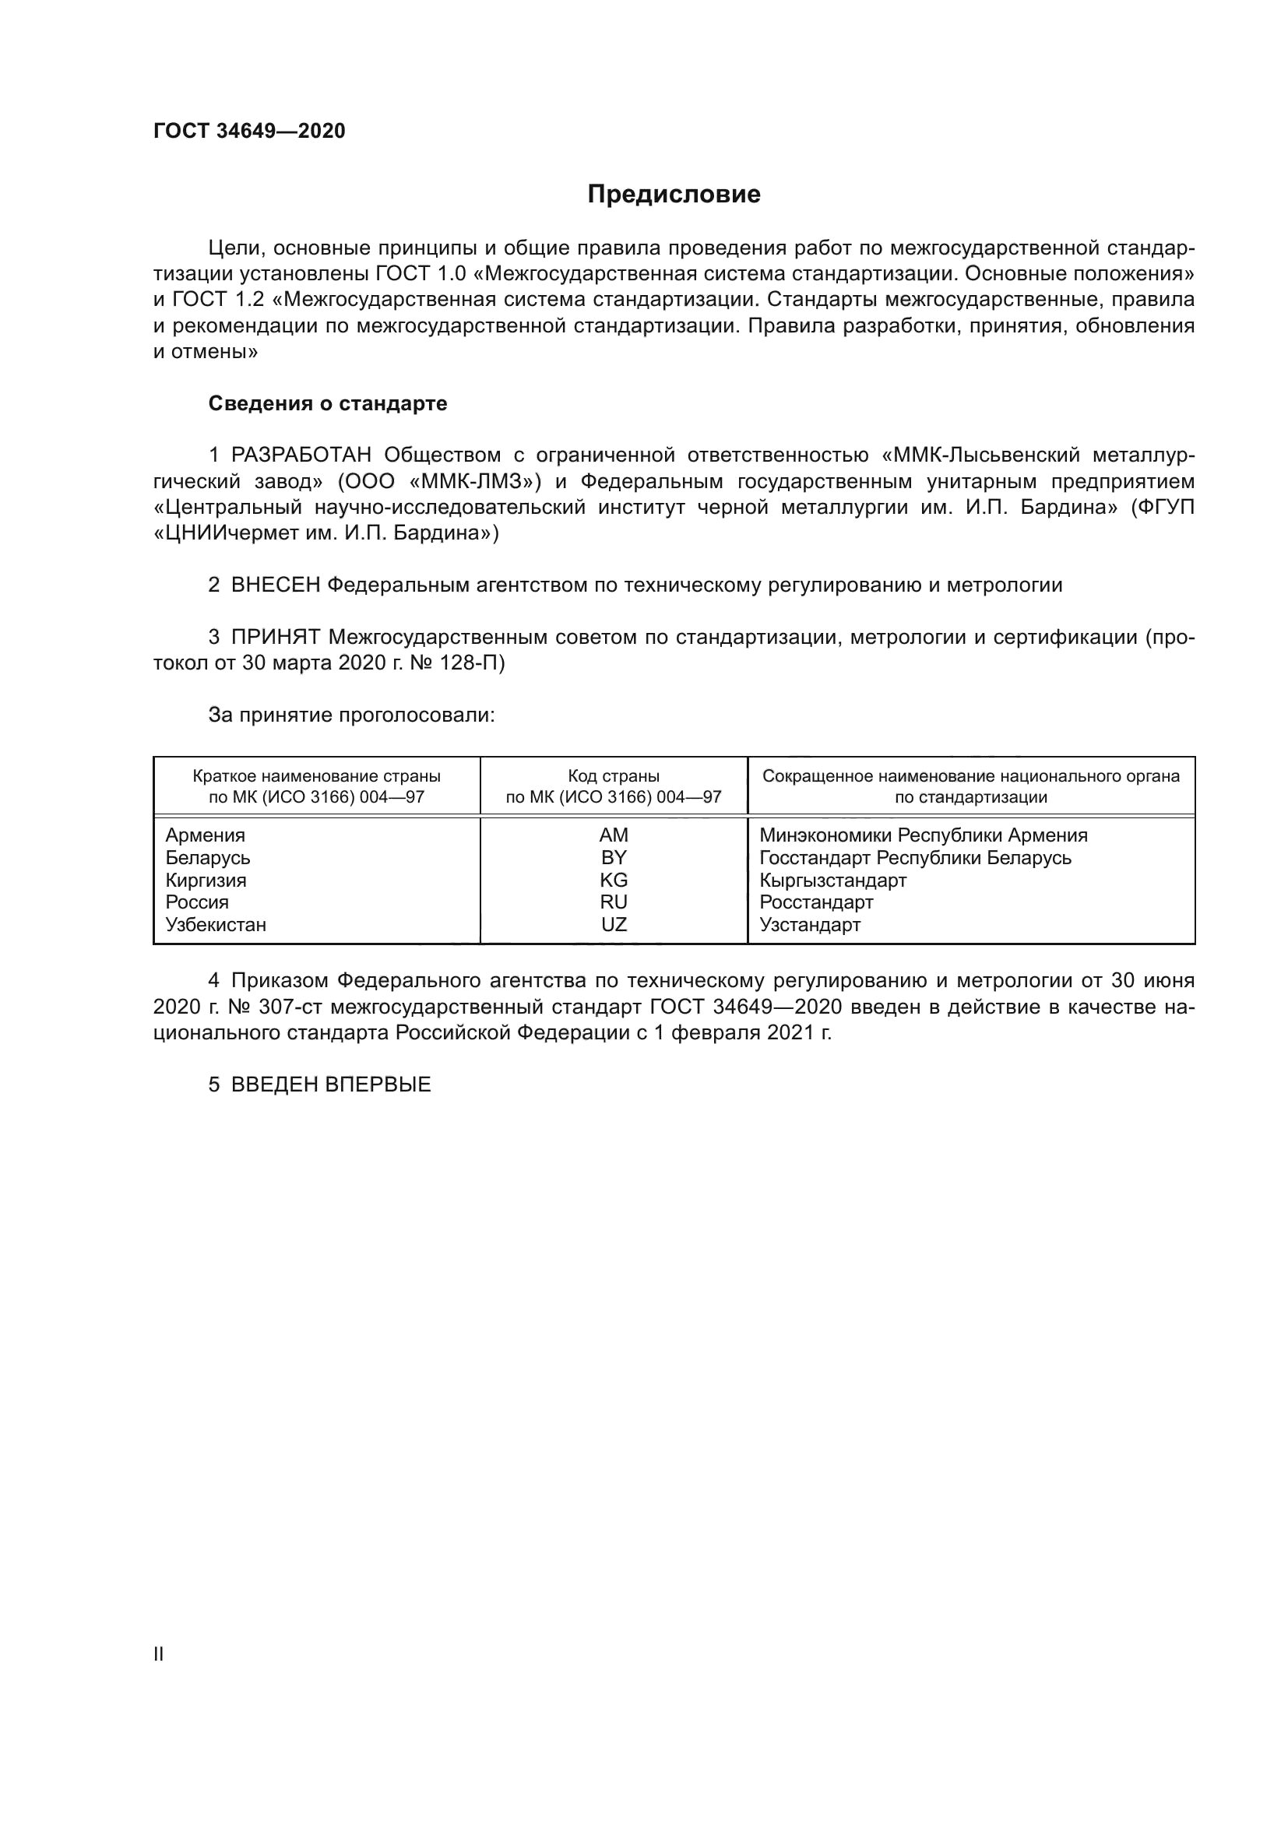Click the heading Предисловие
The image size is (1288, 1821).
pyautogui.click(x=674, y=195)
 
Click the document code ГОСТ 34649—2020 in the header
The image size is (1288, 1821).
pyautogui.click(x=249, y=132)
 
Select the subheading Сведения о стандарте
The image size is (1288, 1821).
pyautogui.click(x=328, y=404)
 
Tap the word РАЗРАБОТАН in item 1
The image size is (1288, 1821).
pyautogui.click(x=301, y=455)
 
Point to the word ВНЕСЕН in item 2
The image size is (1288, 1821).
pyautogui.click(x=275, y=585)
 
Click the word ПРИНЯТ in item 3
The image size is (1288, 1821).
pyautogui.click(x=275, y=637)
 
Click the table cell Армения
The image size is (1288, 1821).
pyautogui.click(x=206, y=835)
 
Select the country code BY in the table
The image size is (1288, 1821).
pyautogui.click(x=614, y=857)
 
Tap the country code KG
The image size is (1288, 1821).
pyautogui.click(x=614, y=881)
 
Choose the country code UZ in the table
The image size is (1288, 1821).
pyautogui.click(x=614, y=925)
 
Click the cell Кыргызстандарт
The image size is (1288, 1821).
pyautogui.click(x=832, y=881)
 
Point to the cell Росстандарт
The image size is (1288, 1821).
pyautogui.click(x=816, y=902)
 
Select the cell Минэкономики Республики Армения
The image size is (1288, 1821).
pyautogui.click(x=924, y=835)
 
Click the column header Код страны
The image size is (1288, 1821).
pyautogui.click(x=614, y=776)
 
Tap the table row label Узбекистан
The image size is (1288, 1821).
pyautogui.click(x=216, y=925)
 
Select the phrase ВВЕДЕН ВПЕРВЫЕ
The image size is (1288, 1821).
pyautogui.click(x=331, y=1085)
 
